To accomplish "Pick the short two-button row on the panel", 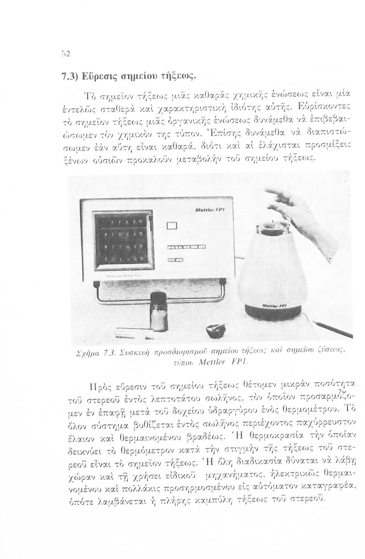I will pos(175,260).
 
